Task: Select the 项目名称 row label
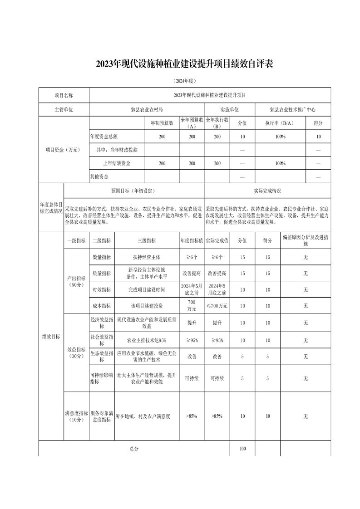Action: click(64, 95)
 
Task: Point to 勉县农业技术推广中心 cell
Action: click(292, 109)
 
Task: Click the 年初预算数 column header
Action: click(162, 123)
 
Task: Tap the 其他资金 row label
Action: click(99, 176)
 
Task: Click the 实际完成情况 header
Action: click(267, 191)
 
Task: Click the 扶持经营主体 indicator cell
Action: click(147, 257)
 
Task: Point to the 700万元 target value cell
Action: click(191, 306)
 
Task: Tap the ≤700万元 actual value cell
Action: click(217, 306)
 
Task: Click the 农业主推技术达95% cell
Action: click(147, 340)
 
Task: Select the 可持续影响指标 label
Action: click(102, 378)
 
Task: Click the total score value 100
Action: click(242, 449)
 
